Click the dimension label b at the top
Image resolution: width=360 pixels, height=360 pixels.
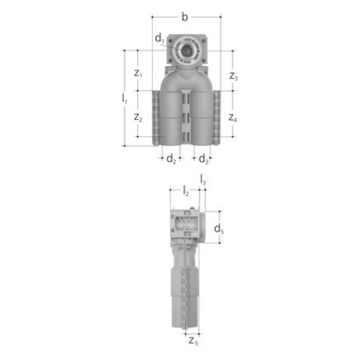point(184,17)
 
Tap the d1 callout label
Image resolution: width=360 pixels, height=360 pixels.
point(160,39)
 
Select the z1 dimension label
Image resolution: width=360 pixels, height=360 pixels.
point(138,73)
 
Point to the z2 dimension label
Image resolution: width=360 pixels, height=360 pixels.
point(138,117)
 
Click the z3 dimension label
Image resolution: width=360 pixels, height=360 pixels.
point(233,75)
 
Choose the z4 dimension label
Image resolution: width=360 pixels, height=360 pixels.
point(233,118)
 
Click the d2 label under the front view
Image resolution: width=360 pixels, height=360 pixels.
point(171,159)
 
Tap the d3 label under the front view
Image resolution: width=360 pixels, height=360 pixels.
point(204,159)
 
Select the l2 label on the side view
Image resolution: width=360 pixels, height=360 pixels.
point(185,191)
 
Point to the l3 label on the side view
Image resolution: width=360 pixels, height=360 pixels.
point(202,180)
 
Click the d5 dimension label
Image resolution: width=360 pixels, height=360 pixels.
point(219,228)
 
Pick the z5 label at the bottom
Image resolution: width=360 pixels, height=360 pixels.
point(193,340)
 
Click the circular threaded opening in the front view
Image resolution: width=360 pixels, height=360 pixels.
point(185,50)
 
